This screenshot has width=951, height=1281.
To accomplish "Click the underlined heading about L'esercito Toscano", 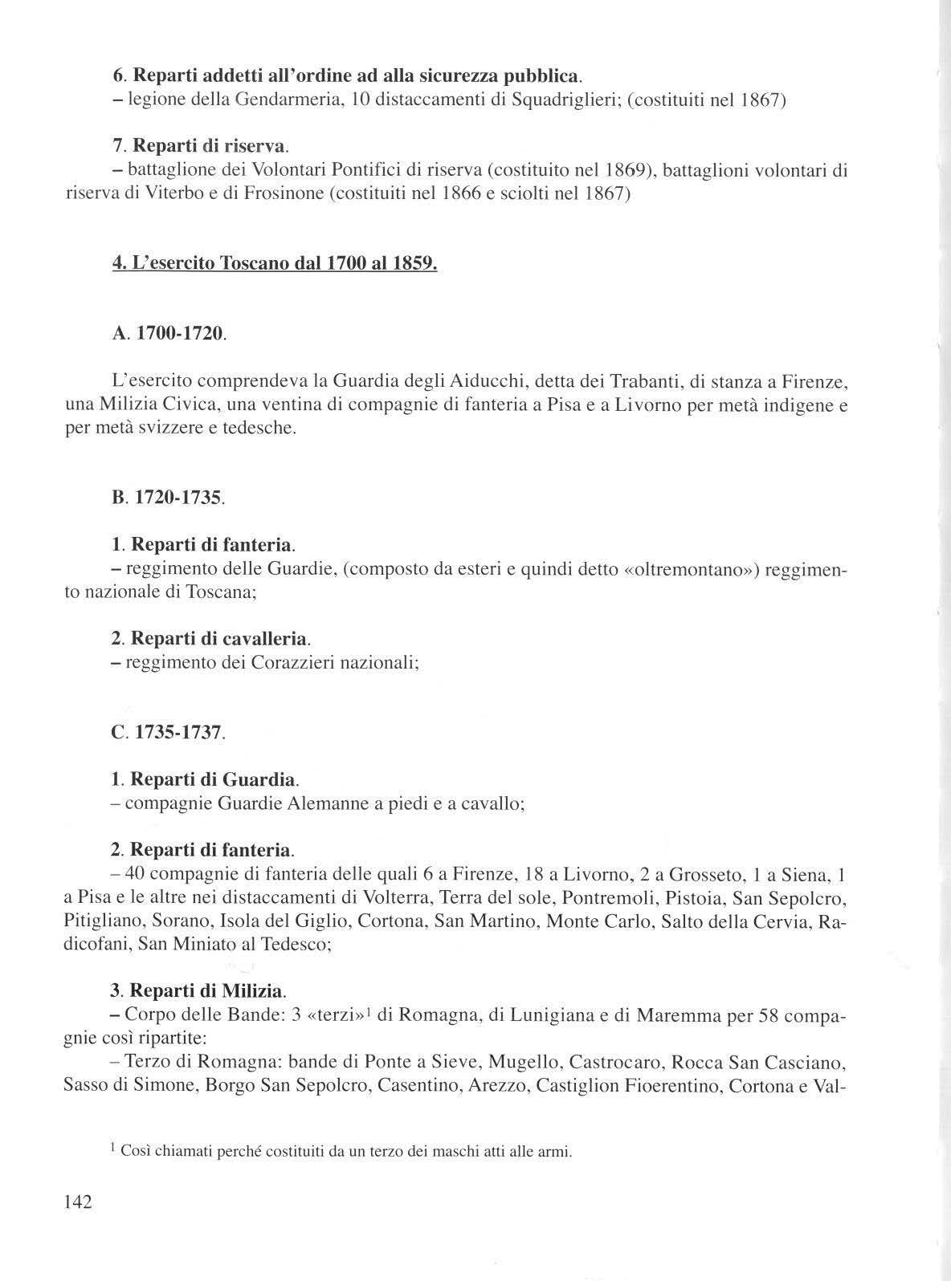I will [275, 264].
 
